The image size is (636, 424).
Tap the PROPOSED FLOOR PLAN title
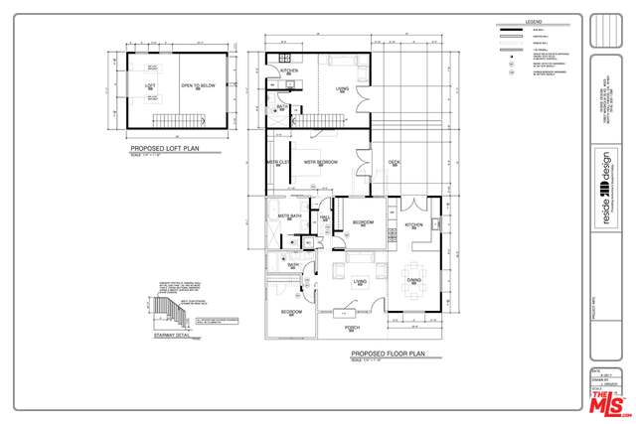(x=388, y=353)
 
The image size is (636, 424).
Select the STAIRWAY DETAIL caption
(x=171, y=336)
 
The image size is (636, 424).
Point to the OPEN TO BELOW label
(x=198, y=86)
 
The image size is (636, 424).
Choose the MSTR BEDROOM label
(x=320, y=162)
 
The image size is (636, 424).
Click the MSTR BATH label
(x=289, y=214)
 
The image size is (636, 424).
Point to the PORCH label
(x=352, y=327)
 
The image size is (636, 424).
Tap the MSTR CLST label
(x=277, y=162)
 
